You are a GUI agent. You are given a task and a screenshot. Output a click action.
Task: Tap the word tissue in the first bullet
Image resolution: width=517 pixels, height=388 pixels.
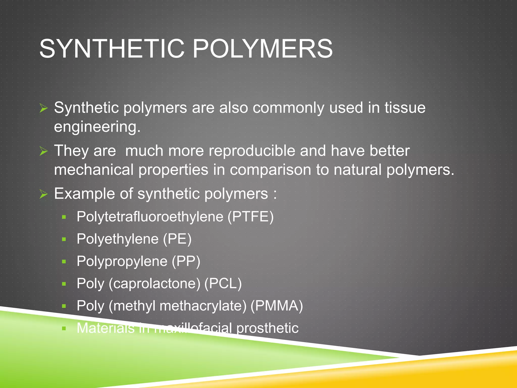tap(405, 108)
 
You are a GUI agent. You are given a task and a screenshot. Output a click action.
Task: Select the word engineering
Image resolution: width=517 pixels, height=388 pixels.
tap(97, 127)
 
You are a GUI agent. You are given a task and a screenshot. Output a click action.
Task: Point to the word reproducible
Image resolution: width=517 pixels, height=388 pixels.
tap(252, 151)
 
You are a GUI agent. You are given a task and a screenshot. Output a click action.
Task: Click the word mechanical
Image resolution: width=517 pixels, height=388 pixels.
tap(94, 169)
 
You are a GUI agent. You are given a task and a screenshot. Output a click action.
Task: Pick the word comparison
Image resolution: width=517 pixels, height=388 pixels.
tap(270, 169)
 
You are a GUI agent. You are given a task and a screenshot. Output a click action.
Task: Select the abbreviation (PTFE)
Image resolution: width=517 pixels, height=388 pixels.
tap(251, 217)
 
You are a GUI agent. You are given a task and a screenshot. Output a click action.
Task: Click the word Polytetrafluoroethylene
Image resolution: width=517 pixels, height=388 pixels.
tap(150, 217)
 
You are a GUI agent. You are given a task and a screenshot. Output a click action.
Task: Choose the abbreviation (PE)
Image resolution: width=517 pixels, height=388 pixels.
tap(177, 239)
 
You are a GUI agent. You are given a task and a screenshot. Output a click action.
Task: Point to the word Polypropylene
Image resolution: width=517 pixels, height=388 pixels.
tap(122, 261)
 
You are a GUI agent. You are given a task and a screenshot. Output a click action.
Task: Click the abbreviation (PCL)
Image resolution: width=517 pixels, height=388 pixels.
tap(223, 283)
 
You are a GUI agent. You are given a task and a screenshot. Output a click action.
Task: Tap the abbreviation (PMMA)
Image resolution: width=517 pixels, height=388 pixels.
tap(276, 306)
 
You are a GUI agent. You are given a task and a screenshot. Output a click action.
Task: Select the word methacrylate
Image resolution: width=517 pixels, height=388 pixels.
tap(203, 306)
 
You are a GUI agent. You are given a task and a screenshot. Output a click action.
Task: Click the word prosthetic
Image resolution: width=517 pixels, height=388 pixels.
tap(267, 328)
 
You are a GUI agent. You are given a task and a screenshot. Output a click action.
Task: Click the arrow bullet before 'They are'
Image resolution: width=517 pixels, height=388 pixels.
tap(44, 151)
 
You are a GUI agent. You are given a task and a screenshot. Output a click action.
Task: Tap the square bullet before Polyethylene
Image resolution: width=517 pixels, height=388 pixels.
tap(64, 239)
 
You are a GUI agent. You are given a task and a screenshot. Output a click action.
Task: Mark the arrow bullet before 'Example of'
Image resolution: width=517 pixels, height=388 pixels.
tap(44, 194)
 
